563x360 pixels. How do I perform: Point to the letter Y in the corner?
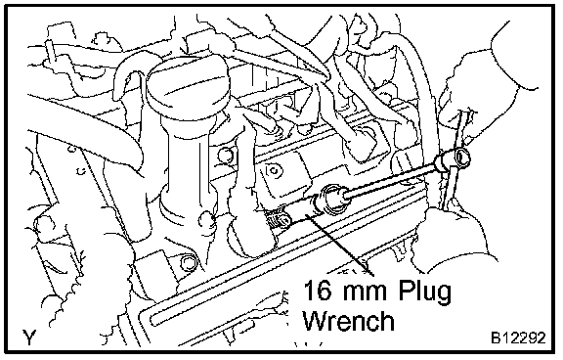point(29,337)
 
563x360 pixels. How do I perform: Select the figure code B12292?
point(518,338)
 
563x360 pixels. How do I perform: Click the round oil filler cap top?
point(186,81)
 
